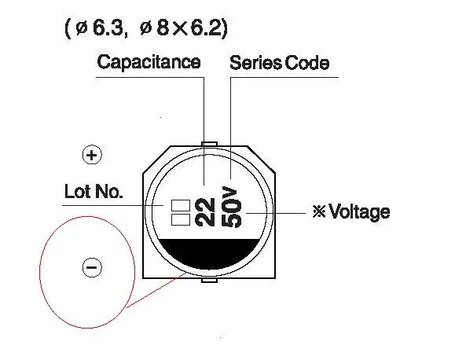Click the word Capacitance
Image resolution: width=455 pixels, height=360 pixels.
(149, 63)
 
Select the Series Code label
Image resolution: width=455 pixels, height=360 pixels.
(280, 63)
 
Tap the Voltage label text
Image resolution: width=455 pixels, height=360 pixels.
(360, 212)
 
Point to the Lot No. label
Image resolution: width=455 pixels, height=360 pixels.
(94, 192)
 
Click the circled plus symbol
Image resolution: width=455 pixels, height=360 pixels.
(92, 155)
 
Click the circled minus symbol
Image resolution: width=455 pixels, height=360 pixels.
(92, 267)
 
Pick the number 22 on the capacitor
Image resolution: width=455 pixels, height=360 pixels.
(205, 212)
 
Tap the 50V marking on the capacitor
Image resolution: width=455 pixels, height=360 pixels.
(232, 207)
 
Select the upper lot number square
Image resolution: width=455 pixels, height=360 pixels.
(181, 205)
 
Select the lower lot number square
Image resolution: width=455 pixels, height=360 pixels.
(181, 220)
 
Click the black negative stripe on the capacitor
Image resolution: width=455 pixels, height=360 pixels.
(209, 252)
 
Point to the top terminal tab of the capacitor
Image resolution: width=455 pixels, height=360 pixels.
(209, 144)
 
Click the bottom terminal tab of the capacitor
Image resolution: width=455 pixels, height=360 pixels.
(209, 281)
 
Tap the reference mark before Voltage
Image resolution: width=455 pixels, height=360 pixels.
(319, 211)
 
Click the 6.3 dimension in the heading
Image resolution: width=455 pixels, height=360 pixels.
(108, 28)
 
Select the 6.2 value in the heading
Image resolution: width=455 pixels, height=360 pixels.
(206, 28)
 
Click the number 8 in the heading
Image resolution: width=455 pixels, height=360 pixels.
(163, 28)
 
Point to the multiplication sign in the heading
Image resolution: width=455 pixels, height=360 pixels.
(180, 29)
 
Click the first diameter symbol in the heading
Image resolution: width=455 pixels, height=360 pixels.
(82, 28)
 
